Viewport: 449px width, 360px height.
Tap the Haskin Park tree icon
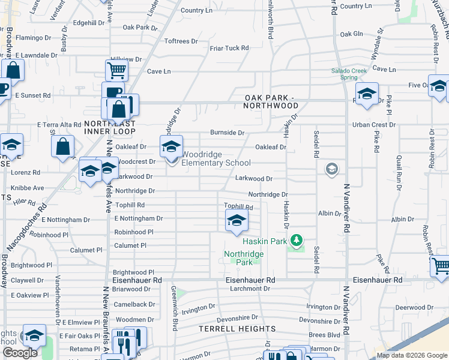pos(295,241)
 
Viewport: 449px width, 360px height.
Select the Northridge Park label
pos(244,258)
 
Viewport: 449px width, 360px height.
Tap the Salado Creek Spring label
pos(349,74)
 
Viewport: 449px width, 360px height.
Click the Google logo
pos(19,353)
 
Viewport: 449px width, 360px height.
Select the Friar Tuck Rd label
pos(229,48)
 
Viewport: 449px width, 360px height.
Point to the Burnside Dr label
pos(227,133)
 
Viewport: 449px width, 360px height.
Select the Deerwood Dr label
pos(410,307)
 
